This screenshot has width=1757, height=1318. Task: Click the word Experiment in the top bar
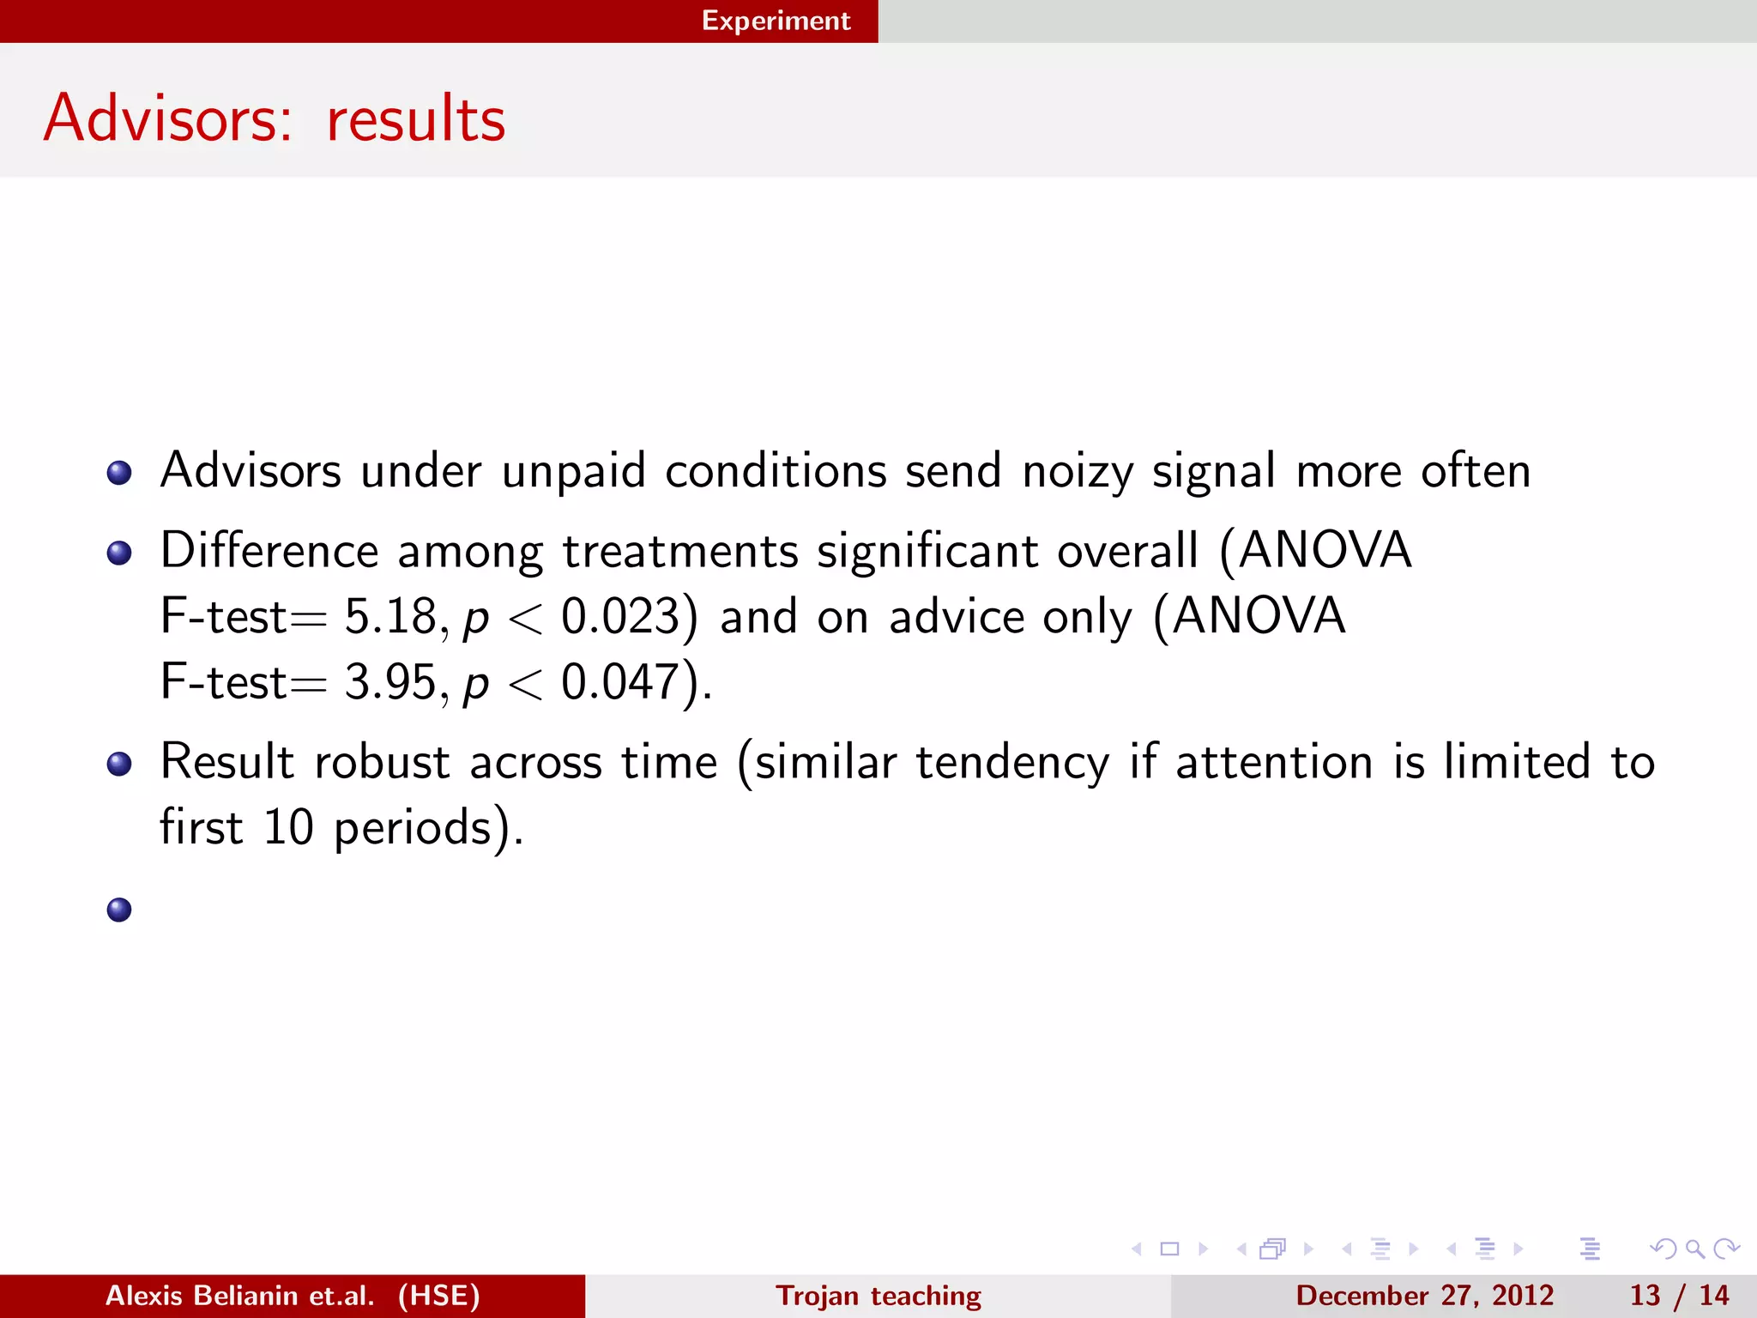(776, 21)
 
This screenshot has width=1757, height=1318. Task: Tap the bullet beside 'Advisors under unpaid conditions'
(119, 473)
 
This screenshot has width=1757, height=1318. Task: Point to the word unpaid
(573, 472)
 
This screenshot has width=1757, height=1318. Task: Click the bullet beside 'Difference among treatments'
(119, 553)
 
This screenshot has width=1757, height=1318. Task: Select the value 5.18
(391, 616)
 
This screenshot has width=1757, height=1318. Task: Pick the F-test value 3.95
(391, 682)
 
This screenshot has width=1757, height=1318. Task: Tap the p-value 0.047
(620, 682)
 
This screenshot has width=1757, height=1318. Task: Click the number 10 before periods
(288, 827)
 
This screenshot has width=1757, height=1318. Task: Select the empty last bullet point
(119, 910)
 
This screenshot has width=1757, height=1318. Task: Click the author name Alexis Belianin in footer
(239, 1296)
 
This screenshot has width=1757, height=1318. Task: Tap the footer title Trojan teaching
(878, 1296)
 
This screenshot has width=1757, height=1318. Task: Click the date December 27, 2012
(1424, 1296)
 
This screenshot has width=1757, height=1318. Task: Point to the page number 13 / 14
(1679, 1296)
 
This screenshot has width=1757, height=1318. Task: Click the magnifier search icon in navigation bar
(1694, 1248)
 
